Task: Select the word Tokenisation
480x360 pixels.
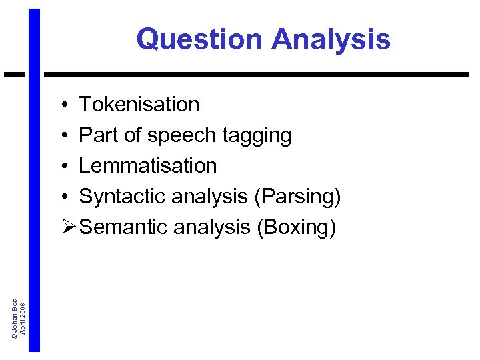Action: (139, 105)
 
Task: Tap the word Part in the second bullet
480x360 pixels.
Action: (93, 135)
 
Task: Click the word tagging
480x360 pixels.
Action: (257, 136)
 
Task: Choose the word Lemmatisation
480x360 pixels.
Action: (148, 165)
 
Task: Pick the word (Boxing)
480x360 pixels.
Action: (296, 227)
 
